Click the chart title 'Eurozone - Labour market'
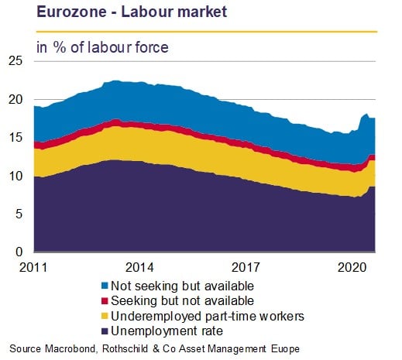pyautogui.click(x=132, y=12)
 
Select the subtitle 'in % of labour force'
pyautogui.click(x=102, y=47)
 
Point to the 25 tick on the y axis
pyautogui.click(x=15, y=61)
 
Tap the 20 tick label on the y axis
pyautogui.click(x=15, y=99)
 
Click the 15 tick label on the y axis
pyautogui.click(x=15, y=137)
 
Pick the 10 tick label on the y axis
pyautogui.click(x=15, y=176)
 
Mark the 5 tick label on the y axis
pyautogui.click(x=19, y=214)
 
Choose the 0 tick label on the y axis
pyautogui.click(x=19, y=252)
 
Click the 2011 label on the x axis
pyautogui.click(x=33, y=267)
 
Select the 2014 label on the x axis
pyautogui.click(x=139, y=267)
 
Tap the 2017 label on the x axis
pyautogui.click(x=246, y=267)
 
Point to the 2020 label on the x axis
pyautogui.click(x=352, y=267)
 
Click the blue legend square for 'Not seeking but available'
pyautogui.click(x=105, y=286)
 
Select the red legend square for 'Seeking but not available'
pyautogui.click(x=105, y=300)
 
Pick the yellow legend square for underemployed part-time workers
pyautogui.click(x=105, y=316)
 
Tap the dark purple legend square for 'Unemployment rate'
pyautogui.click(x=105, y=331)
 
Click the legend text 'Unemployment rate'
pyautogui.click(x=167, y=331)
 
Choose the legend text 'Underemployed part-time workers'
pyautogui.click(x=208, y=316)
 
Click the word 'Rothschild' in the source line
pyautogui.click(x=125, y=349)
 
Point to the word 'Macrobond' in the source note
pyautogui.click(x=70, y=349)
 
